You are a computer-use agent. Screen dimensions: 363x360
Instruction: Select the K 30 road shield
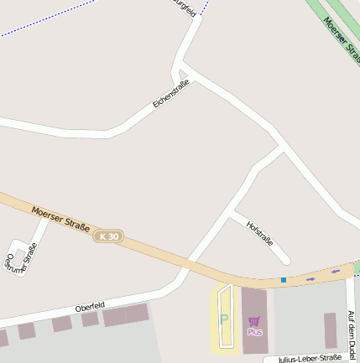(x=107, y=237)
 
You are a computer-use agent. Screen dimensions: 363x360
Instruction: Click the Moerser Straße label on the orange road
(x=60, y=219)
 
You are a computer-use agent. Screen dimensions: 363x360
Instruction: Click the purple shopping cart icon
(x=254, y=321)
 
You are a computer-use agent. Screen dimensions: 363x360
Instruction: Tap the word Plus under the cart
(x=254, y=332)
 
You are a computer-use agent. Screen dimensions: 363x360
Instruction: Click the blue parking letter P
(x=223, y=319)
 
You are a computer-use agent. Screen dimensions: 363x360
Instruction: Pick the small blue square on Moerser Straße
(x=284, y=279)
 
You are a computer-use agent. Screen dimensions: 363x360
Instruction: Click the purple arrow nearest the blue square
(x=310, y=278)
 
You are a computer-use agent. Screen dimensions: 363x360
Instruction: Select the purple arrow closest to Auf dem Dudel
(x=337, y=271)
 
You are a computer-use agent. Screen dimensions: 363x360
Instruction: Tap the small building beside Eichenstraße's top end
(x=184, y=75)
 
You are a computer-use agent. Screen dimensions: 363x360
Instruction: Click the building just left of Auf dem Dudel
(x=331, y=330)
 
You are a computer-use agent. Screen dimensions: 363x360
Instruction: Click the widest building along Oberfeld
(x=125, y=315)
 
